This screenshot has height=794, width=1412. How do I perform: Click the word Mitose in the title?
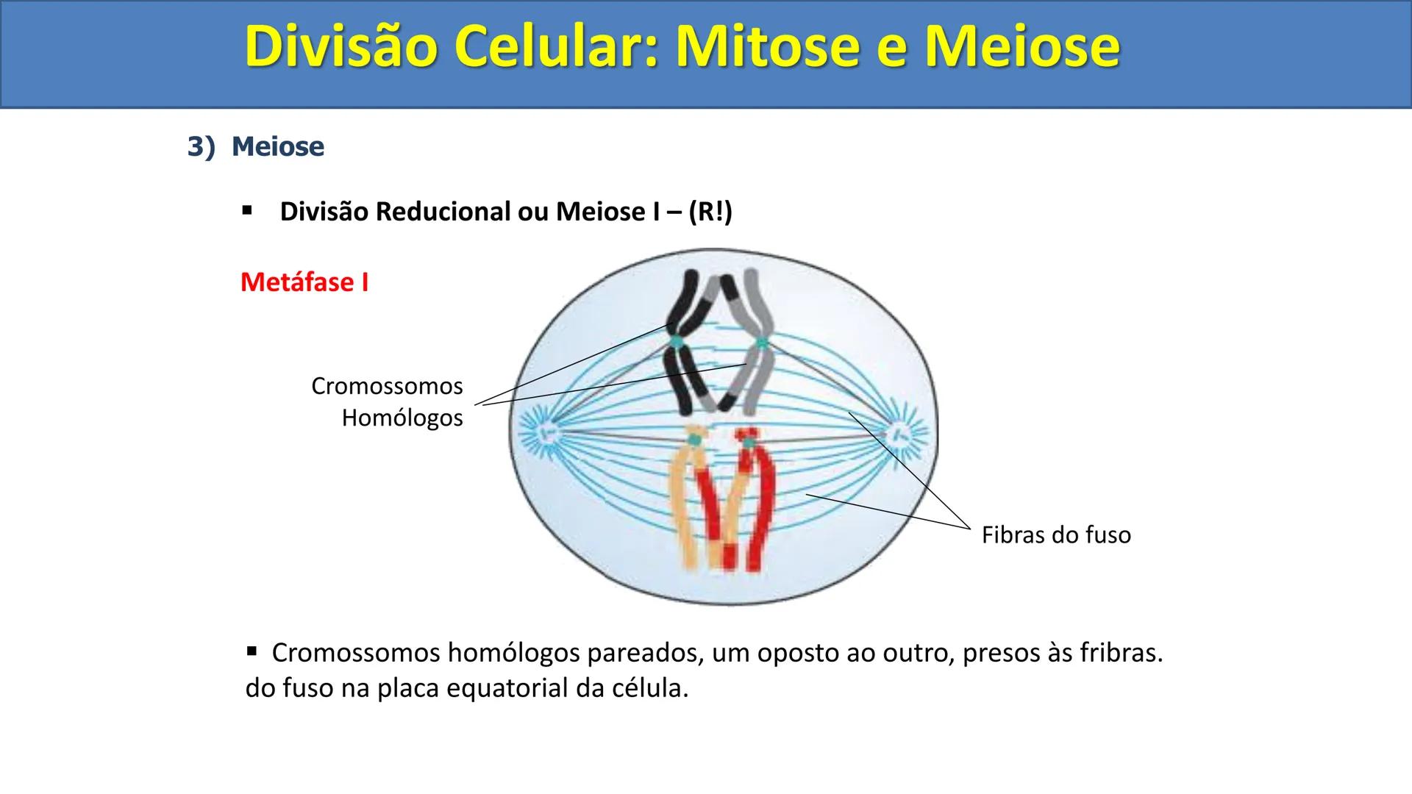click(782, 46)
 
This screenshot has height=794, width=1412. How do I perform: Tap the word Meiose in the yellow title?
click(1022, 46)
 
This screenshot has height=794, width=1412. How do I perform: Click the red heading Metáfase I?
click(304, 282)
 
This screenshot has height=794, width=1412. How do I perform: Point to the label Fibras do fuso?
click(1056, 535)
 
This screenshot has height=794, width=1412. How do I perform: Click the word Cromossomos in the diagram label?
click(387, 386)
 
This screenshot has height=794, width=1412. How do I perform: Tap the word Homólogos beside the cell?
click(402, 418)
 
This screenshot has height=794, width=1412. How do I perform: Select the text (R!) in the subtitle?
click(710, 212)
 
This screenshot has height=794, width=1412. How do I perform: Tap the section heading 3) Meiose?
click(255, 146)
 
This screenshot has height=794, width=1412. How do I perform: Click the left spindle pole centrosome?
click(545, 434)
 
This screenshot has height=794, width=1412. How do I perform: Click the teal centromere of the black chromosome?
click(676, 342)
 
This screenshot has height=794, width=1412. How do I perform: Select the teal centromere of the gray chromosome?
click(762, 343)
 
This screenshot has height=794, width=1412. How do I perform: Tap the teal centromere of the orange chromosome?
click(693, 440)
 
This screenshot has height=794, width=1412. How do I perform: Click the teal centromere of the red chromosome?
click(748, 443)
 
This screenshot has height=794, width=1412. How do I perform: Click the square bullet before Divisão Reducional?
click(247, 211)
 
